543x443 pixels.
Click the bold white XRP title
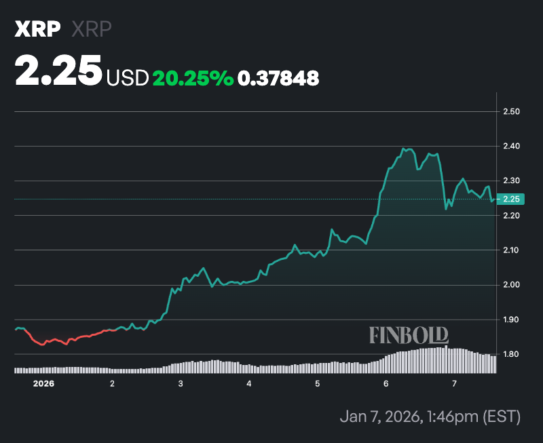tap(38, 29)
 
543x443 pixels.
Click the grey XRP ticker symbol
tap(91, 29)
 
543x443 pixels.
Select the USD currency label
tap(127, 78)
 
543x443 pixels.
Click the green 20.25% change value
tap(193, 78)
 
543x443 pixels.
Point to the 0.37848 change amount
tap(278, 78)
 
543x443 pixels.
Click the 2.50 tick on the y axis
tap(511, 111)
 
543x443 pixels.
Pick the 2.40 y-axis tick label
tap(511, 146)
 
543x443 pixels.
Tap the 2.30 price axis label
tap(511, 180)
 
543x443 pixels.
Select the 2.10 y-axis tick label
tap(511, 250)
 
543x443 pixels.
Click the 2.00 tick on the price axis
tap(511, 285)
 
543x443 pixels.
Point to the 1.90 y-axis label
tap(511, 320)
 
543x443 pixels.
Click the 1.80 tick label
tap(511, 354)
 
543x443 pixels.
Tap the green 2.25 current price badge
tap(511, 199)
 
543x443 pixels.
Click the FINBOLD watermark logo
tap(409, 334)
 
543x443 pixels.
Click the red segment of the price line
tap(68, 339)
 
